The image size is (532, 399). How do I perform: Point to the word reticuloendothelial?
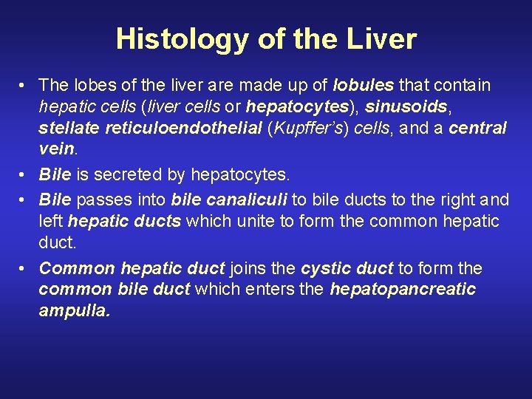(194, 128)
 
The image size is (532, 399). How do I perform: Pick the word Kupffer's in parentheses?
(309, 128)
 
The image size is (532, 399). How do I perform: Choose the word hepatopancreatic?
(402, 290)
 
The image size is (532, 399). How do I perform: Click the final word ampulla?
(74, 311)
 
